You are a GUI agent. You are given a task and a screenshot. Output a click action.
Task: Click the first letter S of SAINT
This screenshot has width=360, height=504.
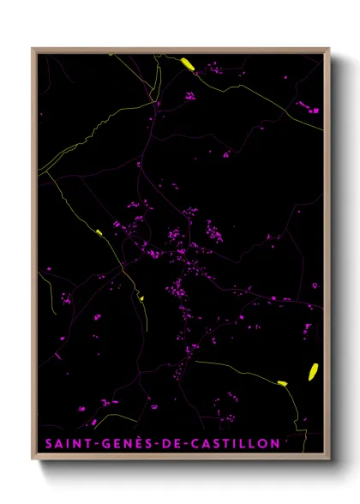(48, 444)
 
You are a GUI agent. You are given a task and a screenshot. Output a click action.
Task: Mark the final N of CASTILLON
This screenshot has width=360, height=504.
(274, 444)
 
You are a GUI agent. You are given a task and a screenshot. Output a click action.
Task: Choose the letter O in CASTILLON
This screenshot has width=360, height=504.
(262, 444)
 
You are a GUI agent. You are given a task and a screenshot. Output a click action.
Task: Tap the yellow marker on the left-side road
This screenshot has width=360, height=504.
(99, 232)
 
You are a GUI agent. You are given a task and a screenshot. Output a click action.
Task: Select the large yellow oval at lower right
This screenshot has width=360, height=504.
(313, 371)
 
